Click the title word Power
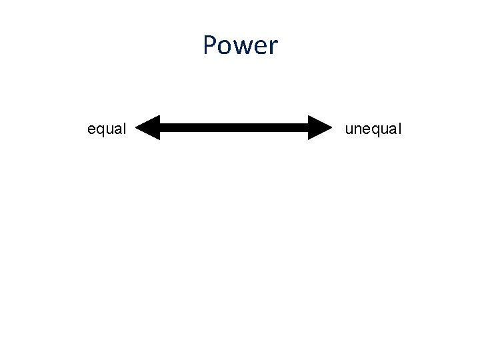(x=240, y=46)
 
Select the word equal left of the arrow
(x=107, y=129)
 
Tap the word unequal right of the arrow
(x=373, y=129)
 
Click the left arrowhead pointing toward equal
(x=148, y=127)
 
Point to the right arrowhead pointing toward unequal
(x=320, y=127)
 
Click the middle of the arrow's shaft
(x=234, y=127)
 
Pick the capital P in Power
(x=210, y=46)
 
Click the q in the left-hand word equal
(x=101, y=130)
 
